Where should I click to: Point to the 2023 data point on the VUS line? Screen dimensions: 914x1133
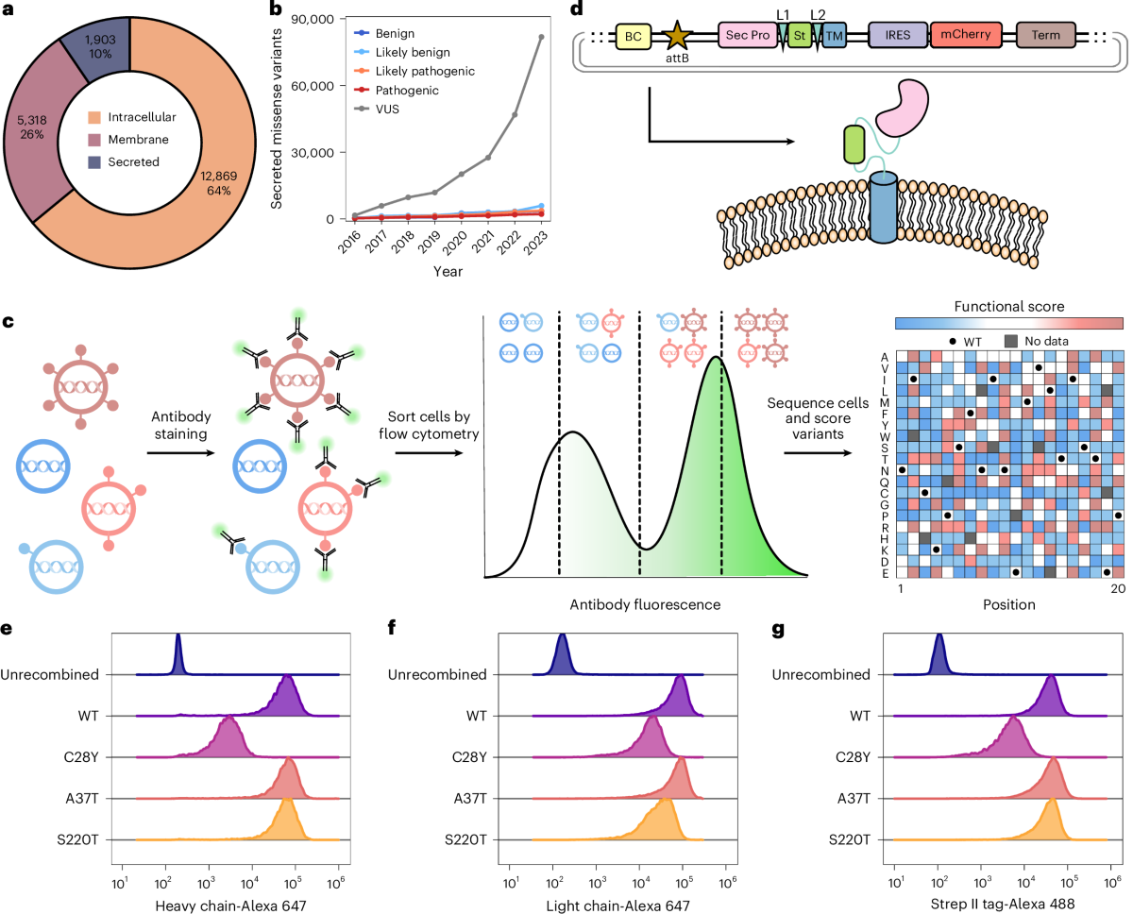pyautogui.click(x=541, y=37)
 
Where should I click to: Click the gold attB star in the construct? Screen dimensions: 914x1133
pyautogui.click(x=677, y=37)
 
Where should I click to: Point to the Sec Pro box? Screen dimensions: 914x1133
pyautogui.click(x=747, y=37)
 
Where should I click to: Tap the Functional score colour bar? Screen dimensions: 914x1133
pyautogui.click(x=1007, y=323)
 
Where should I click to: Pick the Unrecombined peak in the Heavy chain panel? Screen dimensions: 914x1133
pyautogui.click(x=179, y=655)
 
